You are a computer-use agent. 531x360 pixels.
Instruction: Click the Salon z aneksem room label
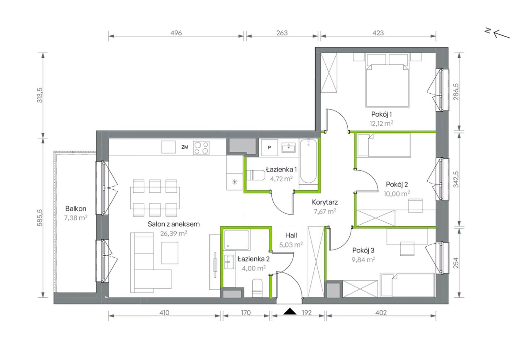point(173,224)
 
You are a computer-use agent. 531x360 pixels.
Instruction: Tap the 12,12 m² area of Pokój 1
point(381,123)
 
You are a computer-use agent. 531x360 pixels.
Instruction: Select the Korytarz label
point(325,202)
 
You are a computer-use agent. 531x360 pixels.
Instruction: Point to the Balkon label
point(76,208)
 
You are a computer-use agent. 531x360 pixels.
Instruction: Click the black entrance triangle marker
point(290,311)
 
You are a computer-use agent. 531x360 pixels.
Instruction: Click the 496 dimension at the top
point(176,33)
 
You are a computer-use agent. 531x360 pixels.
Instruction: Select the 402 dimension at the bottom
point(381,313)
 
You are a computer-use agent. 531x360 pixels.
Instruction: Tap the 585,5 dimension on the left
point(39,218)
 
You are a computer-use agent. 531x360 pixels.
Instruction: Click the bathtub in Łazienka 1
point(308,162)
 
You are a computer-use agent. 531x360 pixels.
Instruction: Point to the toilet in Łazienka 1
point(256,175)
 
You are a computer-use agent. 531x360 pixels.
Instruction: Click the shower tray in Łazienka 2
point(236,240)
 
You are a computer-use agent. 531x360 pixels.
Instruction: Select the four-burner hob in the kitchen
point(201,147)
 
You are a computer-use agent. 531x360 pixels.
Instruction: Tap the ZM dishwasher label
point(185,147)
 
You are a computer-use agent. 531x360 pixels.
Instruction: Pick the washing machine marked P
point(269,147)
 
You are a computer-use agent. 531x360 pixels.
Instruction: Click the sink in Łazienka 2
point(229,262)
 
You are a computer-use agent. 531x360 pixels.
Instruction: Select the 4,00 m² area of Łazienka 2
point(253,268)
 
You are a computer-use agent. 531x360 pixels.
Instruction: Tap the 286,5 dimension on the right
point(456,92)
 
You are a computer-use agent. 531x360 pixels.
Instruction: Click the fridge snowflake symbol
point(235,182)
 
